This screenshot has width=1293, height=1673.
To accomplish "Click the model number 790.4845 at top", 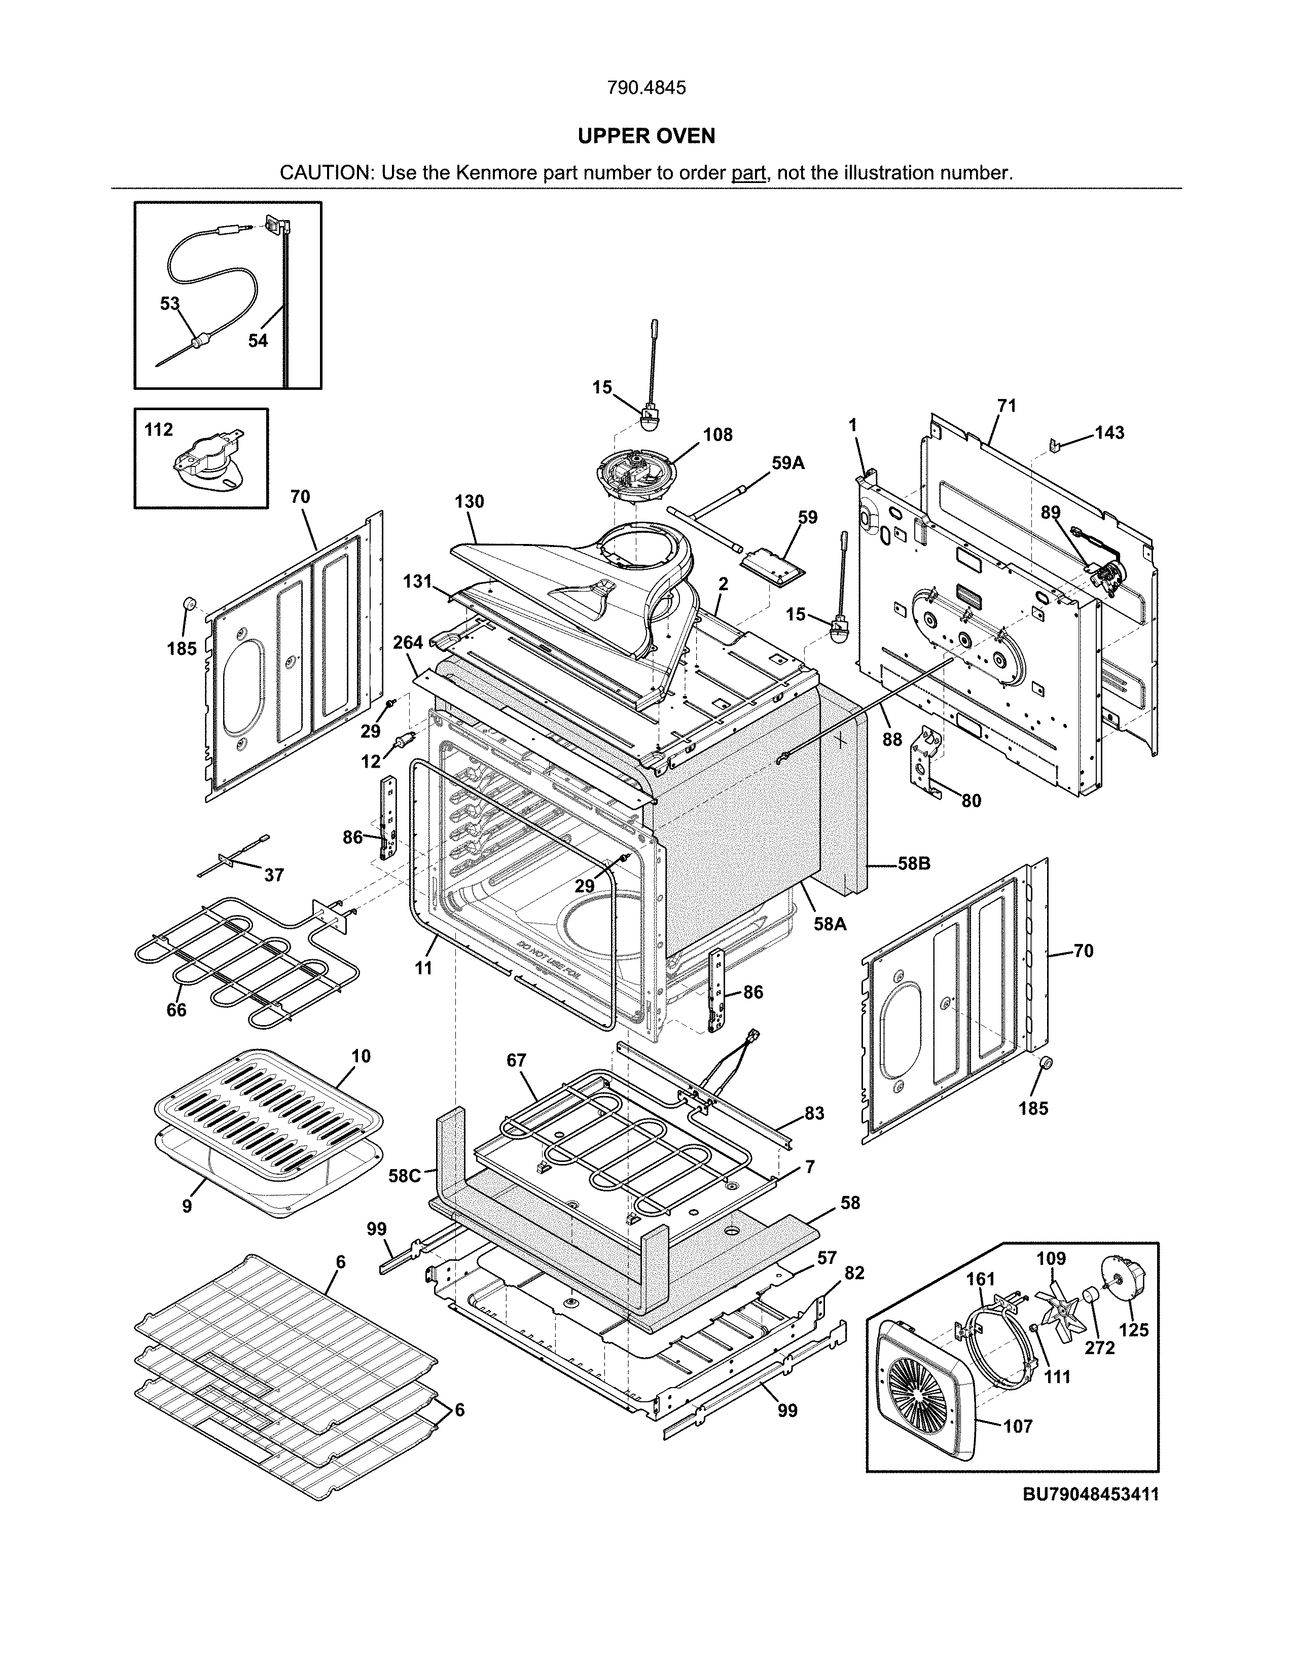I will click(x=645, y=88).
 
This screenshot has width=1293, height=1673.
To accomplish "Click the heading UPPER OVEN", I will click(x=645, y=136).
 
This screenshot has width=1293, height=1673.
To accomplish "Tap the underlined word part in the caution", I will click(x=748, y=173).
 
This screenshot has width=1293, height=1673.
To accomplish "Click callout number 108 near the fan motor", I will click(x=717, y=435).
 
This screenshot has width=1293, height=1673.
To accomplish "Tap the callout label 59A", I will click(x=788, y=463).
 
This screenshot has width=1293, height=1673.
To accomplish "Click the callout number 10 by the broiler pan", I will click(x=361, y=1057).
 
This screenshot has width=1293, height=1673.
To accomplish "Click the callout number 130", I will click(x=469, y=502).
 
